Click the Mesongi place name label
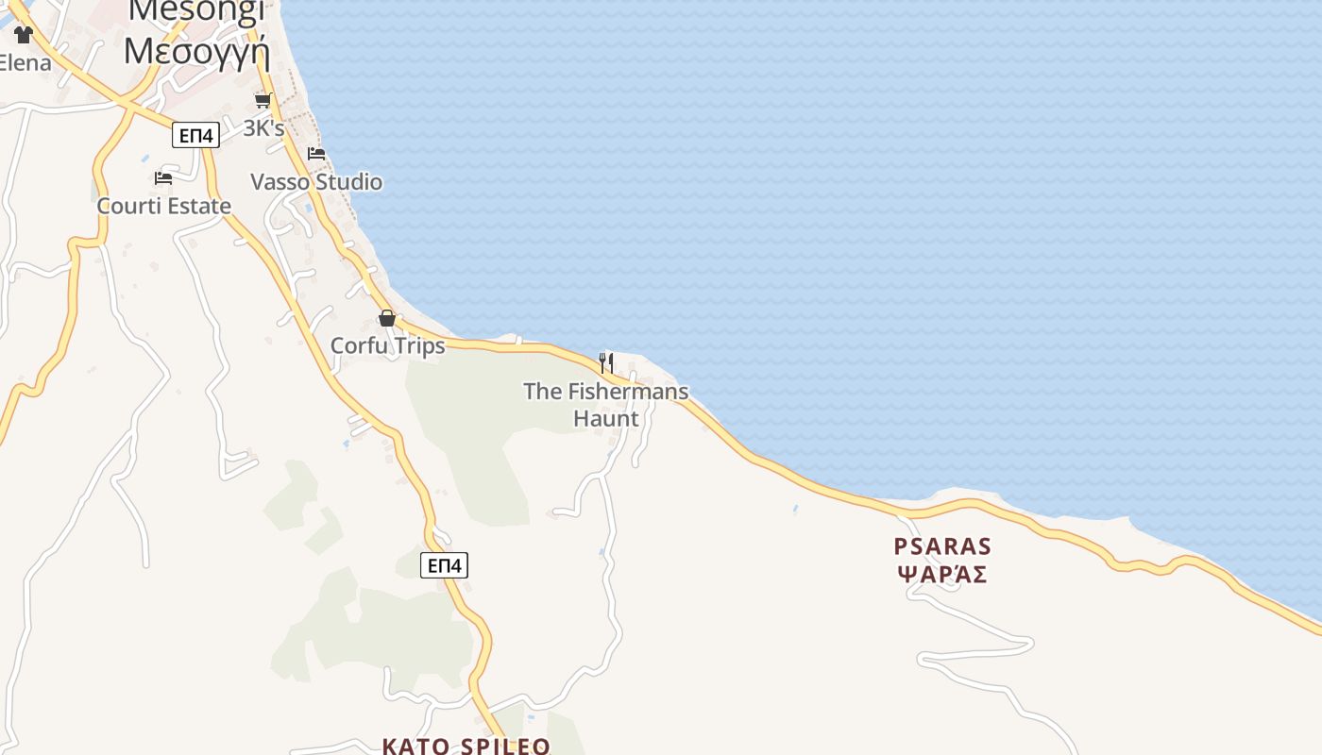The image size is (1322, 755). tap(196, 8)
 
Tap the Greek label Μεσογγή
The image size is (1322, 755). tap(196, 50)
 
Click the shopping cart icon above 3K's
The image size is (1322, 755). tap(263, 100)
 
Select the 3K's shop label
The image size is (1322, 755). tap(263, 128)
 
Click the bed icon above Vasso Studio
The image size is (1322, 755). tap(316, 153)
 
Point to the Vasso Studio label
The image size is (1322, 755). tap(316, 182)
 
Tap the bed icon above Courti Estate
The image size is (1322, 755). tap(163, 177)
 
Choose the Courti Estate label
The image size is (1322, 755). tap(164, 206)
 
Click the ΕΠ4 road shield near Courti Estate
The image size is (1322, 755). tap(196, 136)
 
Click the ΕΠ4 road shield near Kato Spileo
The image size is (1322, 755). tap(444, 565)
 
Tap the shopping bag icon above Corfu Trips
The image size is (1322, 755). tap(387, 318)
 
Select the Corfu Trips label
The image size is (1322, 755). tap(387, 346)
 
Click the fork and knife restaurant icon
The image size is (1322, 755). tap(606, 362)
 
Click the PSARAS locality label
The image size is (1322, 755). tap(942, 546)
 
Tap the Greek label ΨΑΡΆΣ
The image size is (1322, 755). tap(942, 575)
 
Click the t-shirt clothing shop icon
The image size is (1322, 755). tap(24, 35)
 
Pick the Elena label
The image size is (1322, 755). tap(25, 64)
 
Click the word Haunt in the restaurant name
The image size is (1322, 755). tap(606, 418)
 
